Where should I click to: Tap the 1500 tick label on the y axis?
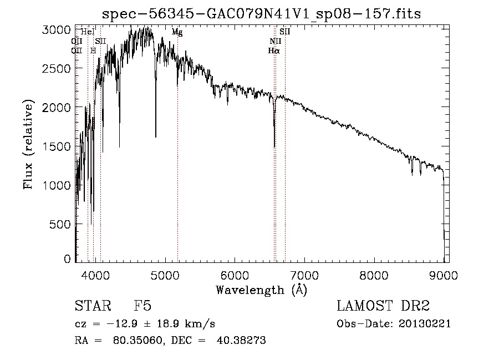[x=56, y=146]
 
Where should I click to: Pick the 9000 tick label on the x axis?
[x=444, y=274]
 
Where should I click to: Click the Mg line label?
[x=177, y=32]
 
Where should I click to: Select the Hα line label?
[x=273, y=50]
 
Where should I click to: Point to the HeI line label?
[x=88, y=32]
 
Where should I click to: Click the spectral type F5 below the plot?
[x=142, y=307]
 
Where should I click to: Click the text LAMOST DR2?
[x=383, y=307]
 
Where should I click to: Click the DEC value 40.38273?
[x=243, y=341]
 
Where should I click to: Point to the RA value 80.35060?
[x=133, y=341]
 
